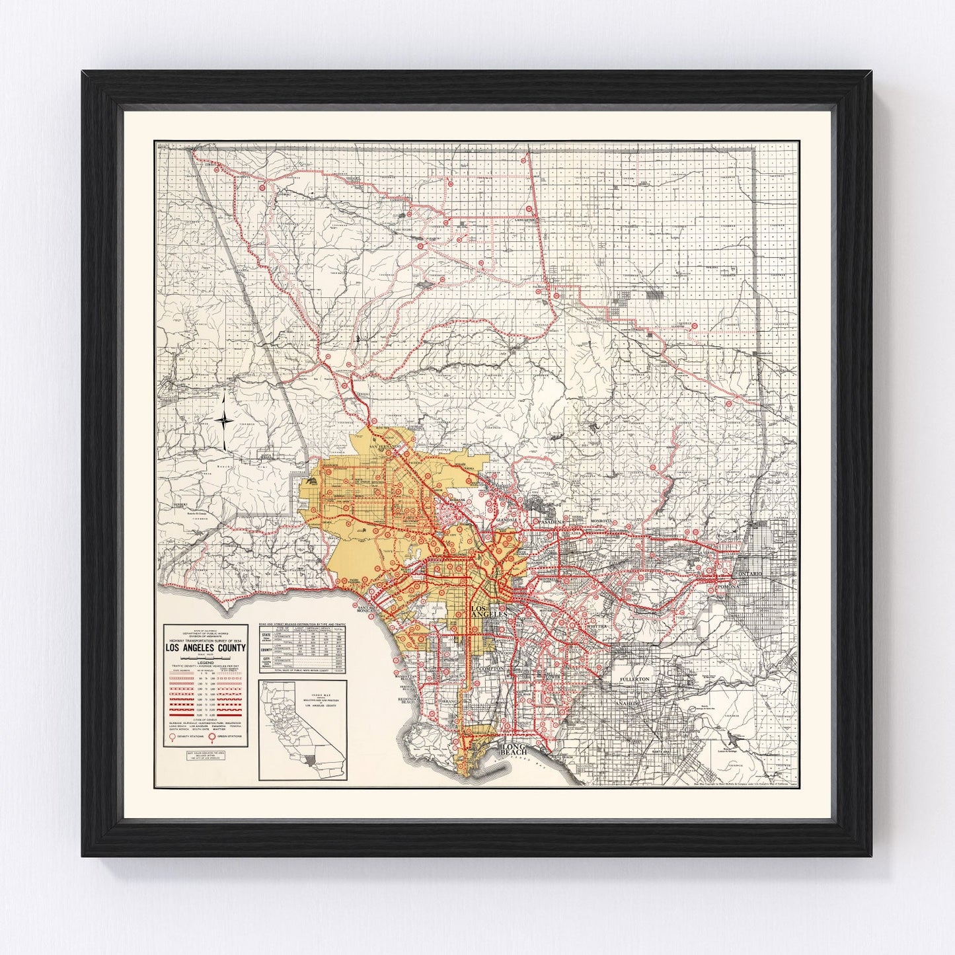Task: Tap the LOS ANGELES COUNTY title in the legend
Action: coord(206,648)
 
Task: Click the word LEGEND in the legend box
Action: coord(206,668)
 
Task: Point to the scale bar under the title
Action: coord(206,659)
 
